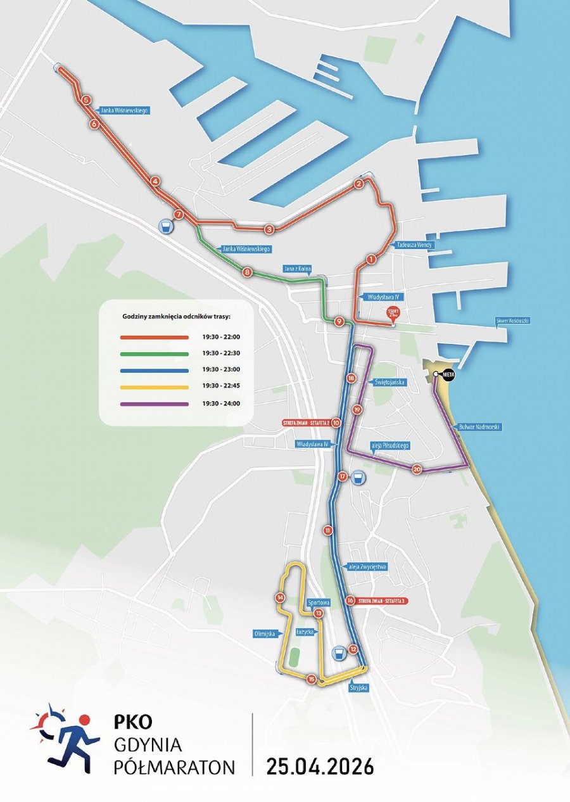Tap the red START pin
(x=393, y=314)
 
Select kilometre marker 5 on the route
(x=86, y=100)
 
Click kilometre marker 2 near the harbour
(x=358, y=184)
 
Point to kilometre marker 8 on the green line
(x=247, y=273)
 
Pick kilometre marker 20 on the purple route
(x=416, y=469)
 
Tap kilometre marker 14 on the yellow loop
(x=279, y=597)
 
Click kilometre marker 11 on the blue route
(x=327, y=530)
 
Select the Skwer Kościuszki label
(x=512, y=321)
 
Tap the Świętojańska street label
(x=389, y=383)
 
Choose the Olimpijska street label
(x=263, y=633)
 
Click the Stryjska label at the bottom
(x=358, y=687)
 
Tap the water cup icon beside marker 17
(x=359, y=477)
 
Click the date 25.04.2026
(x=320, y=766)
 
